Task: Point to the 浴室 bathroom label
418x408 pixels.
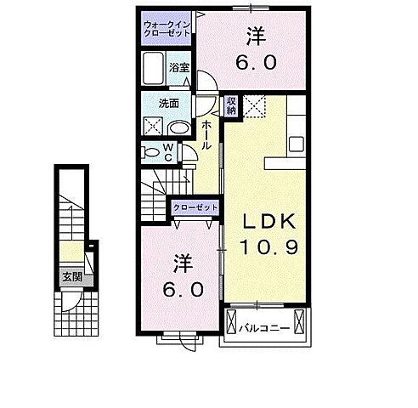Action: point(178,67)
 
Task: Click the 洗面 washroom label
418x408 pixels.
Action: point(168,104)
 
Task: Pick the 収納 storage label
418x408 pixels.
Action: point(231,105)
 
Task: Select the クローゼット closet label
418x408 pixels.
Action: point(195,207)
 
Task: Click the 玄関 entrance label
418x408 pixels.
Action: point(71,275)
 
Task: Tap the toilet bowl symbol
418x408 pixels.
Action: point(151,152)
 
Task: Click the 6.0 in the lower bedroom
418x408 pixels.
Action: point(184,290)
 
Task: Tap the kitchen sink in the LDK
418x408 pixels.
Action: point(296,143)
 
